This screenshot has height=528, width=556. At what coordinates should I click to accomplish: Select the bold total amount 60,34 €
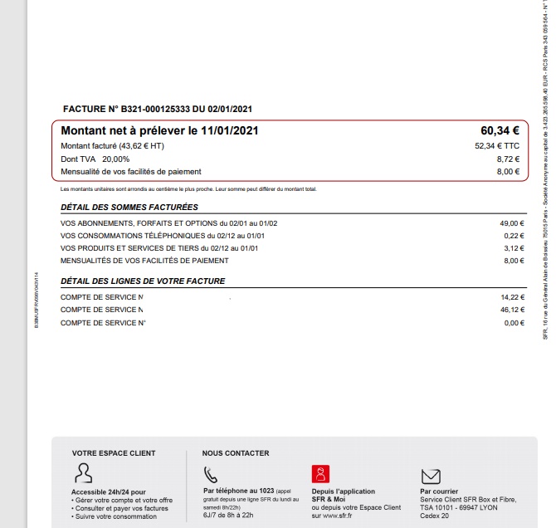[x=500, y=130]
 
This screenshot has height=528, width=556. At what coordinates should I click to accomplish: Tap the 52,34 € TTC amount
[x=496, y=146]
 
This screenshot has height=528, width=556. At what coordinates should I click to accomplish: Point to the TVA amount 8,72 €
[x=508, y=159]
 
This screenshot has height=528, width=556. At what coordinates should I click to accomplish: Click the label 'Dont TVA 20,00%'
[x=95, y=159]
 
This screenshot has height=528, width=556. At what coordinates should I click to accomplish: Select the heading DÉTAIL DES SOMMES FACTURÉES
[x=129, y=207]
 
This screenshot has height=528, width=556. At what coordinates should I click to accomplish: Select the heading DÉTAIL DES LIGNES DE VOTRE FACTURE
[x=143, y=281]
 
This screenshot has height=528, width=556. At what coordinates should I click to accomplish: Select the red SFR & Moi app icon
[x=319, y=473]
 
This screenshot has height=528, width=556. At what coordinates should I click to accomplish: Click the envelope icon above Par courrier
[x=430, y=475]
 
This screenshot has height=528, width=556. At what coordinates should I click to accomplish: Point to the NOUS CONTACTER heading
[x=236, y=453]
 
